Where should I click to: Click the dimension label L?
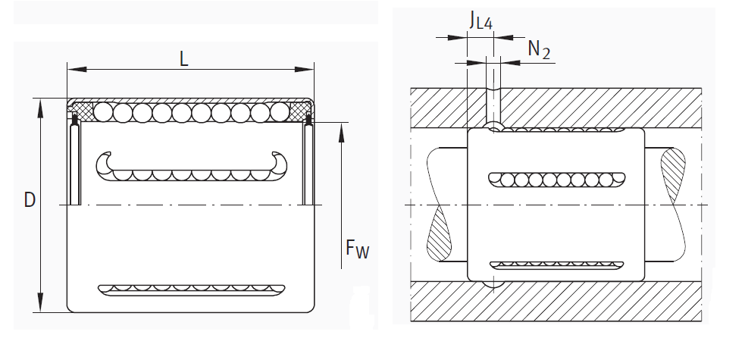click(x=185, y=58)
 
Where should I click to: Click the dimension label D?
click(x=30, y=200)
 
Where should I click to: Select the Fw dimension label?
click(x=357, y=248)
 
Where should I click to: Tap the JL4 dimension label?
click(x=480, y=21)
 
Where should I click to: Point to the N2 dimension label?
click(x=539, y=50)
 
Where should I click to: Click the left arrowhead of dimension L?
click(x=73, y=70)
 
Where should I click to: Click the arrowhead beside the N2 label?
click(x=506, y=61)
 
